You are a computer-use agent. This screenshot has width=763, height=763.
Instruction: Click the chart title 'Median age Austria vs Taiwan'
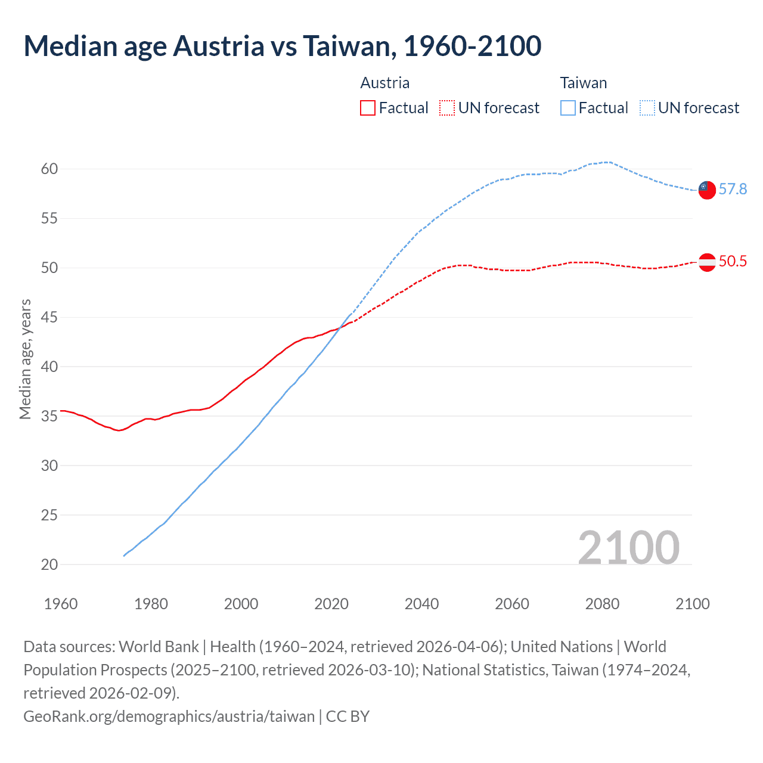(x=282, y=46)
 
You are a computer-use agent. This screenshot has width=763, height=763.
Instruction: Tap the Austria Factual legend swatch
(x=368, y=108)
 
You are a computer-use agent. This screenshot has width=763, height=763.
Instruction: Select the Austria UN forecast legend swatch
(x=447, y=108)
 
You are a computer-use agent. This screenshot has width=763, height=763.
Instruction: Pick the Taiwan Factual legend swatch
(x=567, y=108)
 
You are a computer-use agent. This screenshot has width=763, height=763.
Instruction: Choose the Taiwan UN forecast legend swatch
(x=647, y=108)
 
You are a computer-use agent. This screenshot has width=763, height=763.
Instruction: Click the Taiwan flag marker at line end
(x=706, y=190)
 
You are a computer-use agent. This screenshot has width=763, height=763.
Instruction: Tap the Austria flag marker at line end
(x=706, y=262)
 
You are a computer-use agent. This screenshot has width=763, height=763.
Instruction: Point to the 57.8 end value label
(x=733, y=190)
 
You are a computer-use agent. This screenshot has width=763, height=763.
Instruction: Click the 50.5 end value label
(x=733, y=262)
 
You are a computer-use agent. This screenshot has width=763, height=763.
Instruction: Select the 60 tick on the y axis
(x=49, y=169)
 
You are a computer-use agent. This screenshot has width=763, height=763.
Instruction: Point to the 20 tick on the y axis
(x=49, y=565)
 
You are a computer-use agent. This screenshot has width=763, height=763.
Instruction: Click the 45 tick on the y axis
(x=49, y=318)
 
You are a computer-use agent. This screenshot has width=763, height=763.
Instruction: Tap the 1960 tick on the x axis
(x=61, y=604)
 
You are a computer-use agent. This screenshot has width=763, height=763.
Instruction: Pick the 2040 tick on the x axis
(x=421, y=604)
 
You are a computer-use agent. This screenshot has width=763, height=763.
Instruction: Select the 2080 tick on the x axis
(x=602, y=604)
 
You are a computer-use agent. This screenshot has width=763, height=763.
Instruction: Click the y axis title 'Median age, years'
(x=25, y=359)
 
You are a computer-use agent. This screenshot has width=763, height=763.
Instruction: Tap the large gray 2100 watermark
(x=628, y=547)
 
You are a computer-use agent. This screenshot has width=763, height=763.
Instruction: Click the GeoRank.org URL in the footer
(x=169, y=716)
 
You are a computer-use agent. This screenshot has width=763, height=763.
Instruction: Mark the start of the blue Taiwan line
(x=124, y=556)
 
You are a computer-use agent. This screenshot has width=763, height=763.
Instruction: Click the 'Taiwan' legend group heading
(x=583, y=83)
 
